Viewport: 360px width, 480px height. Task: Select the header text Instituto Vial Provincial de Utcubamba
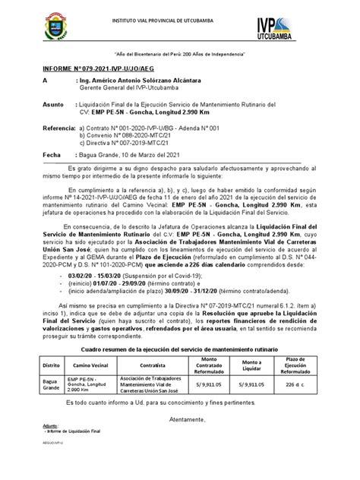[x=180, y=17]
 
